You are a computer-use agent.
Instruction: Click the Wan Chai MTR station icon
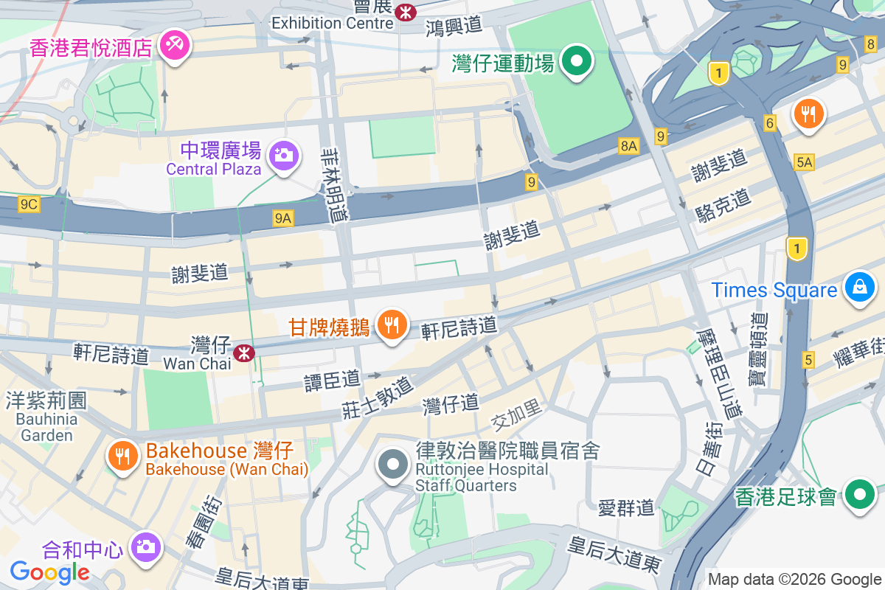coord(244,353)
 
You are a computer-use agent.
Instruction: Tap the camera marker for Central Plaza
coord(283,156)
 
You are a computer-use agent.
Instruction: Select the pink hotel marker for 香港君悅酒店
coord(176,44)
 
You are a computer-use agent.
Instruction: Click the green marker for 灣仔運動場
coord(577,61)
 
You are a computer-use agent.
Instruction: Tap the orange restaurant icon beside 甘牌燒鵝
coord(392,324)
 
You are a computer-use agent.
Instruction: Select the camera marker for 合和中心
coord(146,546)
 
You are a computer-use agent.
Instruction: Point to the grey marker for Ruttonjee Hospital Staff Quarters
coord(393,465)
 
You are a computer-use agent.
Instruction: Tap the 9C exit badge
coord(29,204)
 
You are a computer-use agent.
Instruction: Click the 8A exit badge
coord(628,146)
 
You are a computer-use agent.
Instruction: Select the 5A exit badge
coord(804,162)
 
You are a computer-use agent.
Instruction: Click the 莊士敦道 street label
coord(377,398)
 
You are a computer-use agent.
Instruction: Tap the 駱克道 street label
coord(723,206)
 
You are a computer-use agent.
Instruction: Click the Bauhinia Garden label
coord(46,427)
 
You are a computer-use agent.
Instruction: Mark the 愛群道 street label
coord(626,507)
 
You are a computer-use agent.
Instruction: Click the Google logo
coord(49,572)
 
